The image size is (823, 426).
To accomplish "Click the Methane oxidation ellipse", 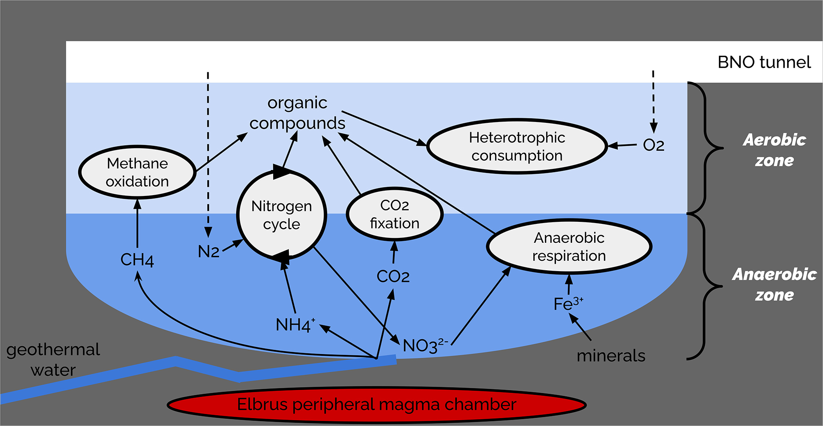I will point(137,172).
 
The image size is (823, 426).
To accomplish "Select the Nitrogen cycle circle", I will point(282,215).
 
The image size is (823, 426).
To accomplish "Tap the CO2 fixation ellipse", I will point(394,214).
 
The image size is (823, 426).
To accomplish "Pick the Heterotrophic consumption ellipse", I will point(517,146).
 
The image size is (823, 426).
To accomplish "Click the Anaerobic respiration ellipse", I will point(569,246).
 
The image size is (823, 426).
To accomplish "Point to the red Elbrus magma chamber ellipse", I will point(377,405).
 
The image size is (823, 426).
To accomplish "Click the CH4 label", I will point(137,260).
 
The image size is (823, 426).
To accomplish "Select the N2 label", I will point(209,251).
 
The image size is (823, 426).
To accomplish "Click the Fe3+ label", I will point(568,304).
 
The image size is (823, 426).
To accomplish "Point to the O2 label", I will point(653,145).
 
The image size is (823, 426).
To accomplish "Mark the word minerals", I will point(611,356).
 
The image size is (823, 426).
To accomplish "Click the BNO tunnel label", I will point(764,62).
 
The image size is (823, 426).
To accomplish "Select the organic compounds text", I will point(297,113).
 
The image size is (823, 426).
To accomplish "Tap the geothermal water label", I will point(53,359).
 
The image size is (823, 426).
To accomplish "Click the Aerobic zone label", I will point(774,150).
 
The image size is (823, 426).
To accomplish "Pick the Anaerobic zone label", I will point(774,284).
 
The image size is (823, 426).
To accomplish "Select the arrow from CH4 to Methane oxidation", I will point(137,224).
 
